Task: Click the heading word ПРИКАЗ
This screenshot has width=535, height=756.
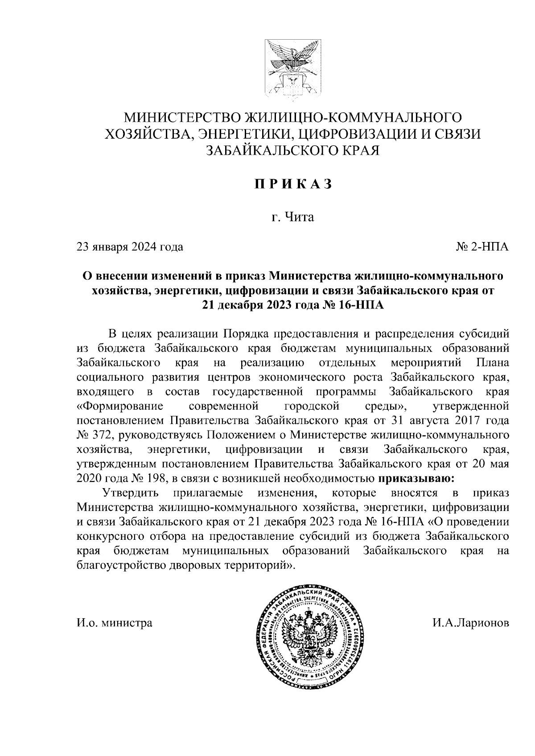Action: pyautogui.click(x=293, y=185)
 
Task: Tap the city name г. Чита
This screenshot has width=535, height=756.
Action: pyautogui.click(x=293, y=217)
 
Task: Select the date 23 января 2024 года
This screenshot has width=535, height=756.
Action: pyautogui.click(x=130, y=246)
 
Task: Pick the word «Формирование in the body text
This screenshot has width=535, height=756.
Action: pyautogui.click(x=119, y=406)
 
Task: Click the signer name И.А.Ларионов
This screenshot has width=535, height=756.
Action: pyautogui.click(x=470, y=622)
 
